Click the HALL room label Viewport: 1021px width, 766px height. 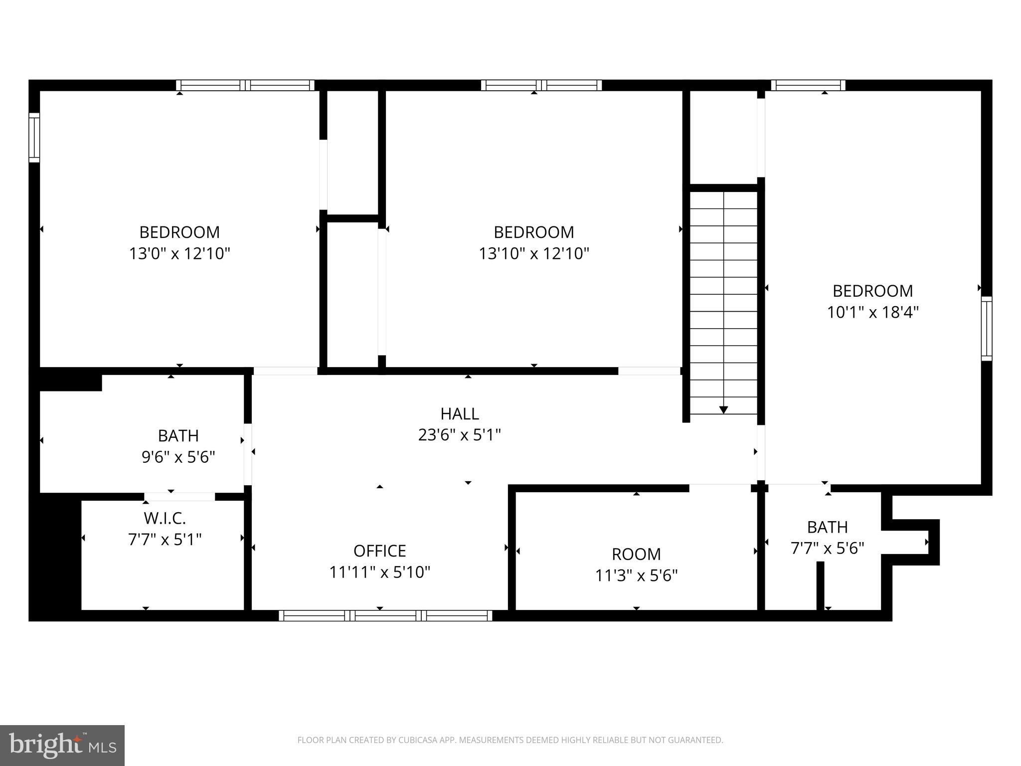click(459, 413)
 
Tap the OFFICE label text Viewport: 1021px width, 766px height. click(379, 551)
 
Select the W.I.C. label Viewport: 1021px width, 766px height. click(165, 518)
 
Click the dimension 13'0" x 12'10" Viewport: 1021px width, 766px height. click(179, 253)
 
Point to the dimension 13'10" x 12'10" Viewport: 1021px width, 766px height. click(534, 253)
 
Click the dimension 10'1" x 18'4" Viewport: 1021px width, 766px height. click(872, 312)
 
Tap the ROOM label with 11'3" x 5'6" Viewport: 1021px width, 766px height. click(636, 554)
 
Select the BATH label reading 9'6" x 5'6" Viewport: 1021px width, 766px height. click(178, 435)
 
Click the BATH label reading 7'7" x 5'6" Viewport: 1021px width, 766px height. click(827, 527)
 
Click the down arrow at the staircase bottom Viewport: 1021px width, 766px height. click(723, 409)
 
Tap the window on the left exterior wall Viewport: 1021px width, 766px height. click(34, 137)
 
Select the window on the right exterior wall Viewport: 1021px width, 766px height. click(986, 328)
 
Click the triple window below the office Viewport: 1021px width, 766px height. click(385, 615)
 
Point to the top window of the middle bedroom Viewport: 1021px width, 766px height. click(541, 85)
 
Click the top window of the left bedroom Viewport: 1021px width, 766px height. click(245, 85)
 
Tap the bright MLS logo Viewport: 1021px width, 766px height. click(62, 745)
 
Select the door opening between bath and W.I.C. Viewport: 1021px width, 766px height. click(179, 496)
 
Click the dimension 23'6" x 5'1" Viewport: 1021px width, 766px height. click(459, 435)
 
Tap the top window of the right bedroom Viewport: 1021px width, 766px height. click(808, 85)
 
